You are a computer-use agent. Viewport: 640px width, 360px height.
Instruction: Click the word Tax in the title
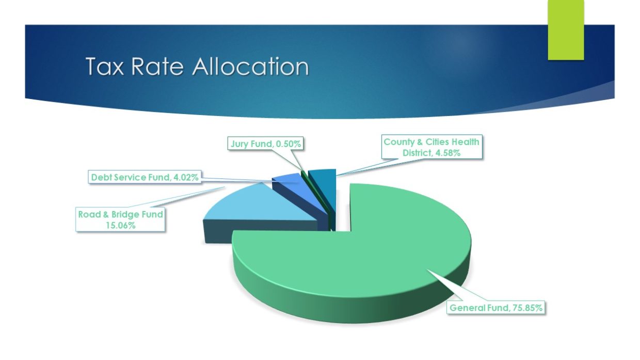click(x=105, y=66)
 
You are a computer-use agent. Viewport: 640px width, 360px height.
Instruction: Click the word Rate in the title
click(x=157, y=66)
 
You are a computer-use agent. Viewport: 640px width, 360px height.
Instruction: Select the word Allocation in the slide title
click(x=250, y=66)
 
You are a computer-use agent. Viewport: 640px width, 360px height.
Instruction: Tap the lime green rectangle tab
click(x=566, y=30)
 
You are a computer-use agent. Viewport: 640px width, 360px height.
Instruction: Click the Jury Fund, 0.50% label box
click(x=265, y=143)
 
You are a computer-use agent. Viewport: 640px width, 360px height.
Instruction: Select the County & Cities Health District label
click(x=431, y=147)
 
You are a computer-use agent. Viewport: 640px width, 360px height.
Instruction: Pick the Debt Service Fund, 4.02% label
click(x=145, y=177)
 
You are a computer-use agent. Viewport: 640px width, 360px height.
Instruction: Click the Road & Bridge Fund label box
click(x=120, y=220)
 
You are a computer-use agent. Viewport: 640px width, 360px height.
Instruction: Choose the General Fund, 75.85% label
click(x=495, y=307)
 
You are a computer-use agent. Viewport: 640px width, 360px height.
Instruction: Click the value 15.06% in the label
click(x=120, y=225)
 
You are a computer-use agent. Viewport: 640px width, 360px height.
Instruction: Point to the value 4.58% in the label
click(x=447, y=153)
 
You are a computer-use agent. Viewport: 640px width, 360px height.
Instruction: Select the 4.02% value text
click(x=186, y=177)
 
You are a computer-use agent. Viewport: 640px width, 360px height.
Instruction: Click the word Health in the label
click(x=465, y=142)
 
